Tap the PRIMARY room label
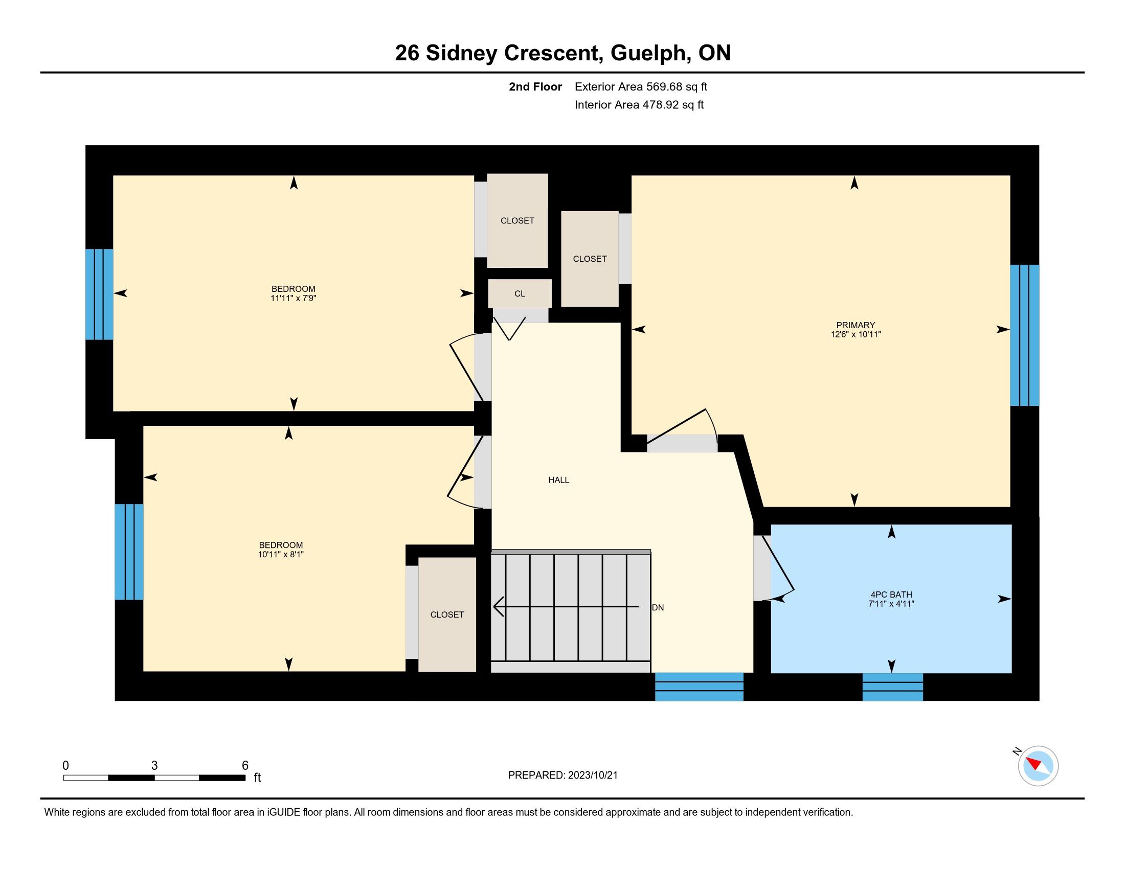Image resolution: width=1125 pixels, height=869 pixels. coord(856,325)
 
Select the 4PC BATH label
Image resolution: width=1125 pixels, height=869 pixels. coord(891,594)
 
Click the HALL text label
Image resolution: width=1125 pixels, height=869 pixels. coord(558,480)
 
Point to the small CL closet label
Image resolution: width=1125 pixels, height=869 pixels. coord(520,293)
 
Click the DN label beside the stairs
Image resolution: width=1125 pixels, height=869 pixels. coord(658,607)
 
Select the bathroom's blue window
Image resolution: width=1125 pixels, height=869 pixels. coord(893,687)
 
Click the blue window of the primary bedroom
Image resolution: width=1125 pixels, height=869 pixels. coord(1025,335)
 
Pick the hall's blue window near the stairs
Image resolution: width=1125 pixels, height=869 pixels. coord(699,687)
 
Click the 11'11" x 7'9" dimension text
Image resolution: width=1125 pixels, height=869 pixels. coord(293,298)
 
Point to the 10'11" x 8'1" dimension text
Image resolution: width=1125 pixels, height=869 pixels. coord(281,555)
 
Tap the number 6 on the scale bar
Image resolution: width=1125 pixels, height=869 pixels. coord(245,765)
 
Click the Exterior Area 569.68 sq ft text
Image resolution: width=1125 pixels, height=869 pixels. coord(641,86)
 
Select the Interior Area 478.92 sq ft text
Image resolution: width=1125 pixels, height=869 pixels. coord(639,104)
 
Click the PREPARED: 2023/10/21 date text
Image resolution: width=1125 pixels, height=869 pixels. coord(562,775)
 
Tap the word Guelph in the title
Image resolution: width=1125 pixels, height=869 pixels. coord(650,53)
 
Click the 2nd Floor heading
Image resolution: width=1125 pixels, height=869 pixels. coord(535,86)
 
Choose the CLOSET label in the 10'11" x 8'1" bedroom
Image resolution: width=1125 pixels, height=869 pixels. coord(447,614)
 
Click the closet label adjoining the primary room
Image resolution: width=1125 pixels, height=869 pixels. coord(590,259)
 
